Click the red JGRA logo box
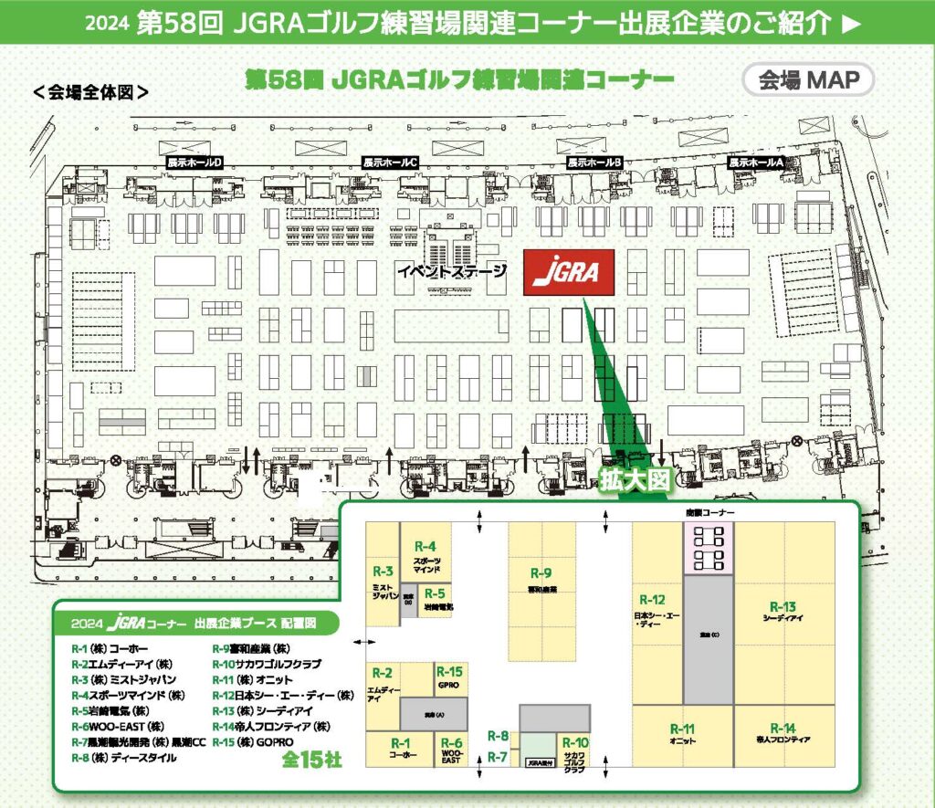click(568, 271)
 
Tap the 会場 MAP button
click(809, 80)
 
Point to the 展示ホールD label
click(194, 162)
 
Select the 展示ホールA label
click(756, 162)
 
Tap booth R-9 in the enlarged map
click(541, 579)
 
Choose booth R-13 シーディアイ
click(783, 612)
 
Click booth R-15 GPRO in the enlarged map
click(449, 677)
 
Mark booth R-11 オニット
click(682, 733)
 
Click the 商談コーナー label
click(709, 514)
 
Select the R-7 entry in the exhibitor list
click(142, 741)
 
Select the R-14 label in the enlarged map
click(783, 728)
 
